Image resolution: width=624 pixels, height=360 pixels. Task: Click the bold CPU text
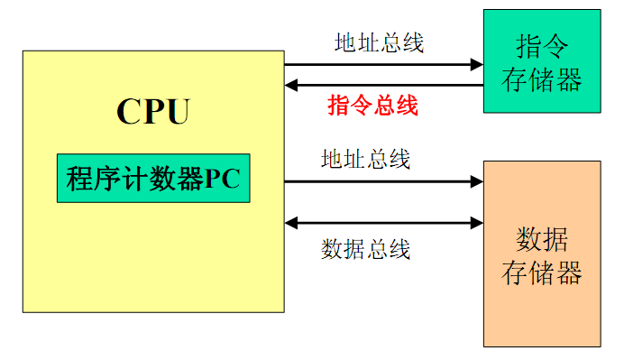pos(153,112)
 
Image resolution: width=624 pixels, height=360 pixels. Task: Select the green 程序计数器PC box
pos(153,178)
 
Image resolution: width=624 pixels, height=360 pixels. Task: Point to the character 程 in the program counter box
pos(78,179)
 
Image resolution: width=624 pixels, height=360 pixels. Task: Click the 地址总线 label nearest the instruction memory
pos(379,42)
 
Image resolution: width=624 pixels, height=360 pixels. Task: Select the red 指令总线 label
pos(373,106)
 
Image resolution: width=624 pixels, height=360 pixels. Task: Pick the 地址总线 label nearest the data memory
pos(366,160)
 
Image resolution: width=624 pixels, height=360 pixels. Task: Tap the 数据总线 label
pos(366,249)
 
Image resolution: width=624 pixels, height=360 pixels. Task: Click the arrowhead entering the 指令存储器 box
pos(477,64)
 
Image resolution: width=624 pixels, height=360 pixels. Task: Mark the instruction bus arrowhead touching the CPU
pos(291,86)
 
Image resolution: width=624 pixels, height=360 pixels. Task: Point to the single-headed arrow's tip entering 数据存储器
pos(477,181)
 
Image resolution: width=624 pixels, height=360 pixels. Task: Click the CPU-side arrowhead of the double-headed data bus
pos(291,222)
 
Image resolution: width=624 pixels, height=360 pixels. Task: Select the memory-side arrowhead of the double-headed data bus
pos(477,222)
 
